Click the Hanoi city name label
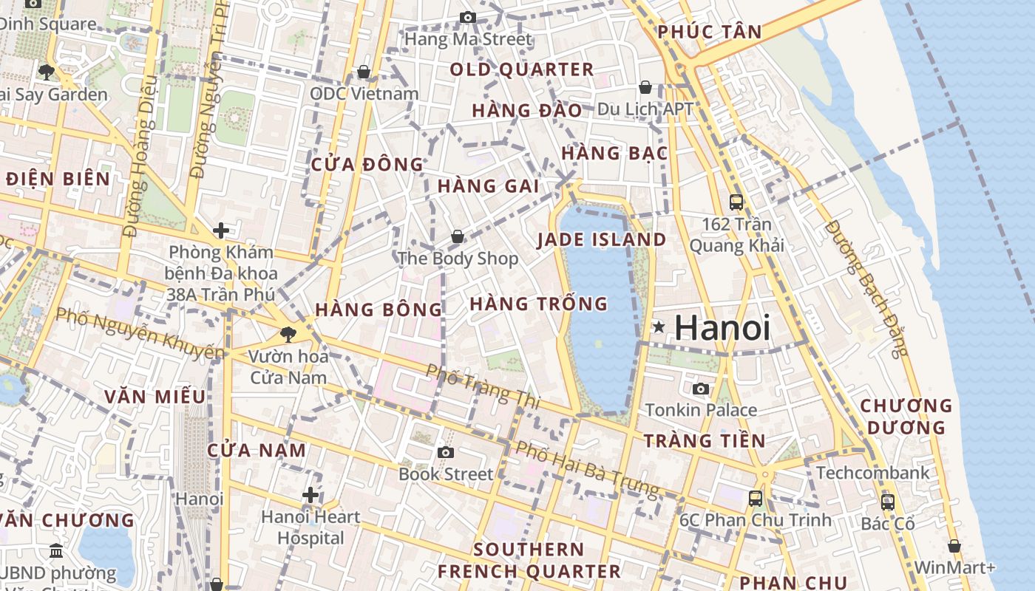click(x=722, y=328)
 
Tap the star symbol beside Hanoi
click(x=658, y=327)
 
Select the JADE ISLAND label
click(x=602, y=239)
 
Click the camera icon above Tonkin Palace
click(x=700, y=389)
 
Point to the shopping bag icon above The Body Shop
click(x=458, y=236)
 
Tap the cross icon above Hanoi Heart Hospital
click(x=310, y=494)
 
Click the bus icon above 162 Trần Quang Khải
click(x=736, y=202)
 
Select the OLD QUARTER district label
click(x=522, y=69)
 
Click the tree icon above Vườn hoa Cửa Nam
click(x=288, y=334)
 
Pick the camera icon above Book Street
click(x=445, y=452)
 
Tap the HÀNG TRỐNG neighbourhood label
click(x=538, y=304)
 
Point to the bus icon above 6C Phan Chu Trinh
click(x=755, y=498)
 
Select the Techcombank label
click(x=872, y=473)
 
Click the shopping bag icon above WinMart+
click(x=954, y=546)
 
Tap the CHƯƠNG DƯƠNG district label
click(x=906, y=417)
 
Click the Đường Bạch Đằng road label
click(x=865, y=288)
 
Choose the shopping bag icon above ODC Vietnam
click(x=364, y=72)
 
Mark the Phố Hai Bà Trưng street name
click(x=587, y=469)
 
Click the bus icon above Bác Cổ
click(x=888, y=502)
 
